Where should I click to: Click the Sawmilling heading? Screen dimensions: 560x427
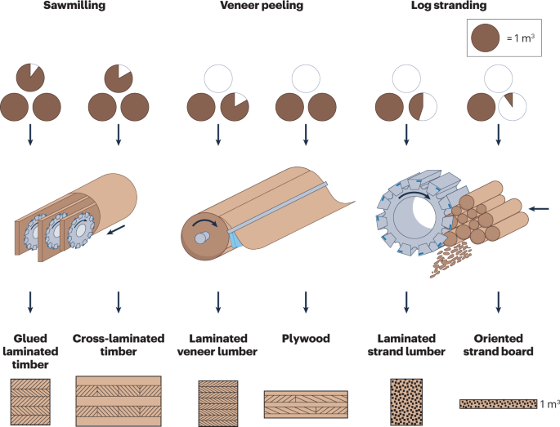coord(74,6)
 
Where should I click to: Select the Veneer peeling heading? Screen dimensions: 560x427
coord(262,6)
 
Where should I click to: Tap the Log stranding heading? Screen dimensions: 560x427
coord(449,6)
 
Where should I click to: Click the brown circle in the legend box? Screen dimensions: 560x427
coord(485,38)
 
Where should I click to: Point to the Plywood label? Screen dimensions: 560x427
coord(306,338)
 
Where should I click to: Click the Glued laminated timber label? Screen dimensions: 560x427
coord(30,351)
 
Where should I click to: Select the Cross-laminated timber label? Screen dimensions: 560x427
coord(119,345)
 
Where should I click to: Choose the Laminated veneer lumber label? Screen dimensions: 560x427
coord(217,345)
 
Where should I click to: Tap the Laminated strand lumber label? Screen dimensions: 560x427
coord(406,345)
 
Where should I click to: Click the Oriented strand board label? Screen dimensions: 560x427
coord(498,345)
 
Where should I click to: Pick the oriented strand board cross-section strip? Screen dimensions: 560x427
coord(498,404)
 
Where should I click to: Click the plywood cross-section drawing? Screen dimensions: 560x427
coord(306,404)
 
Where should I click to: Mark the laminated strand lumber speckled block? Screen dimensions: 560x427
coord(406,402)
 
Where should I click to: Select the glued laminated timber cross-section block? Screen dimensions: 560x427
coord(30,402)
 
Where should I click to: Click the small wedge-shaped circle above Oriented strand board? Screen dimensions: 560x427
coord(512,107)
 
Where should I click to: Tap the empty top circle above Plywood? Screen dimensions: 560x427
coord(306,78)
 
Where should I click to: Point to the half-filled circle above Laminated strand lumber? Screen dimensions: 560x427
coord(423,107)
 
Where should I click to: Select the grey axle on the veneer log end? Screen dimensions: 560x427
coord(202,238)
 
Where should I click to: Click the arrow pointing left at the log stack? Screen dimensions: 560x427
coord(539,209)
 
